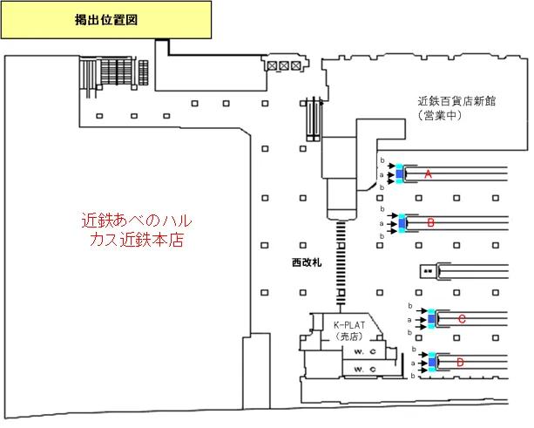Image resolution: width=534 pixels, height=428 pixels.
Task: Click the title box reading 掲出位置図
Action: [x=106, y=18]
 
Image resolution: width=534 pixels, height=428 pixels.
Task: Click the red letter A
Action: [x=428, y=175]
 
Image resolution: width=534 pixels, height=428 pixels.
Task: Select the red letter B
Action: [x=431, y=224]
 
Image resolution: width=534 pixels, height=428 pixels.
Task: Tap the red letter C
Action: [x=462, y=320]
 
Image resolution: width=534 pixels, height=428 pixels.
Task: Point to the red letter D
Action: [x=460, y=361]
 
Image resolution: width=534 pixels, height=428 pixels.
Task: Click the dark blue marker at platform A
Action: [x=400, y=175]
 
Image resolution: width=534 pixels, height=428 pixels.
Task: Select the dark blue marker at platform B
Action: [x=402, y=224]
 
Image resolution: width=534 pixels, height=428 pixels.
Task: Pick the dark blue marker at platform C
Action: [x=430, y=320]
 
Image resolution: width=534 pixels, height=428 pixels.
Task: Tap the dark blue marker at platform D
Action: [x=432, y=361]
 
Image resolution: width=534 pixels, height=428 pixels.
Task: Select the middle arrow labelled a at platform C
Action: [x=419, y=320]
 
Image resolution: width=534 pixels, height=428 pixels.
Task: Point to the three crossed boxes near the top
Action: [x=284, y=65]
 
